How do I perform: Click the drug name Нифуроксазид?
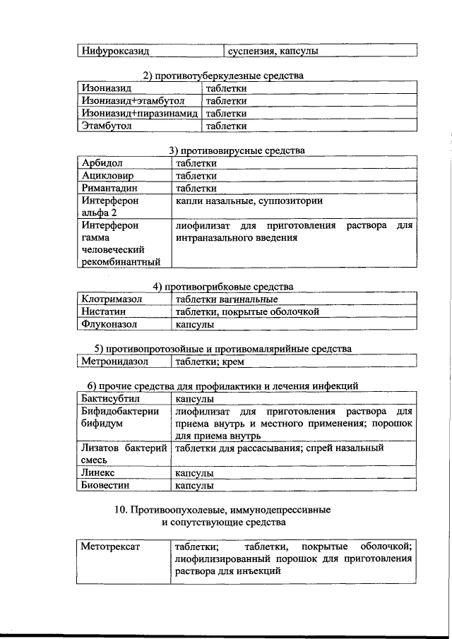coord(114,51)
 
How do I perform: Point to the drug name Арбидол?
coord(102,163)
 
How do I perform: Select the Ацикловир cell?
coord(108,176)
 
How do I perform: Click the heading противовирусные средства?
coord(237,150)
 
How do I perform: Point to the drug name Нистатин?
coord(106,312)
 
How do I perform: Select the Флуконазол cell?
coord(109,325)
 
